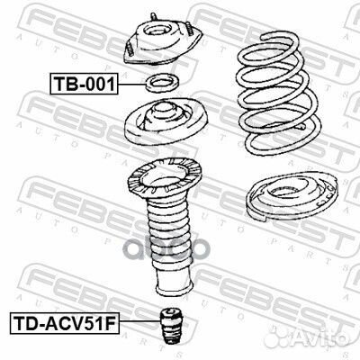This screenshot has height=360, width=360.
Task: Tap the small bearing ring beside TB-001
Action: (163, 85)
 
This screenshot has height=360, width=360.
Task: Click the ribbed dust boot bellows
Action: (163, 238)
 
